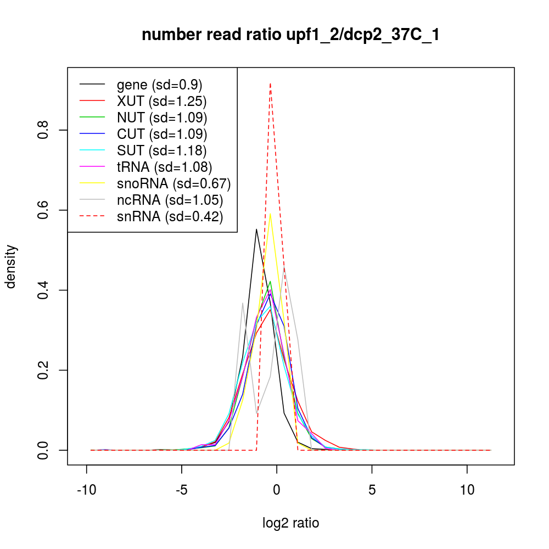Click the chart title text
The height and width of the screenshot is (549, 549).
pos(290,35)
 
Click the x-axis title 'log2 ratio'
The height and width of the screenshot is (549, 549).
pos(291,523)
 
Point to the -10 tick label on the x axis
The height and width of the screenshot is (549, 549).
pos(87,490)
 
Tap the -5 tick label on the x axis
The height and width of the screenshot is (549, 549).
pos(182,490)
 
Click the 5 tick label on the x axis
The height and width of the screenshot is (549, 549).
pos(372,490)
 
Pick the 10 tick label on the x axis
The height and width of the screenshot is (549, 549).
pos(467,490)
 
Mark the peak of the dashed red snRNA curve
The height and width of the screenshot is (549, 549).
pos(270,83)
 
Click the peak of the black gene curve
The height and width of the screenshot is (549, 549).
pos(256,229)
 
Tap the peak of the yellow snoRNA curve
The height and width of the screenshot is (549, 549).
pos(270,214)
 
